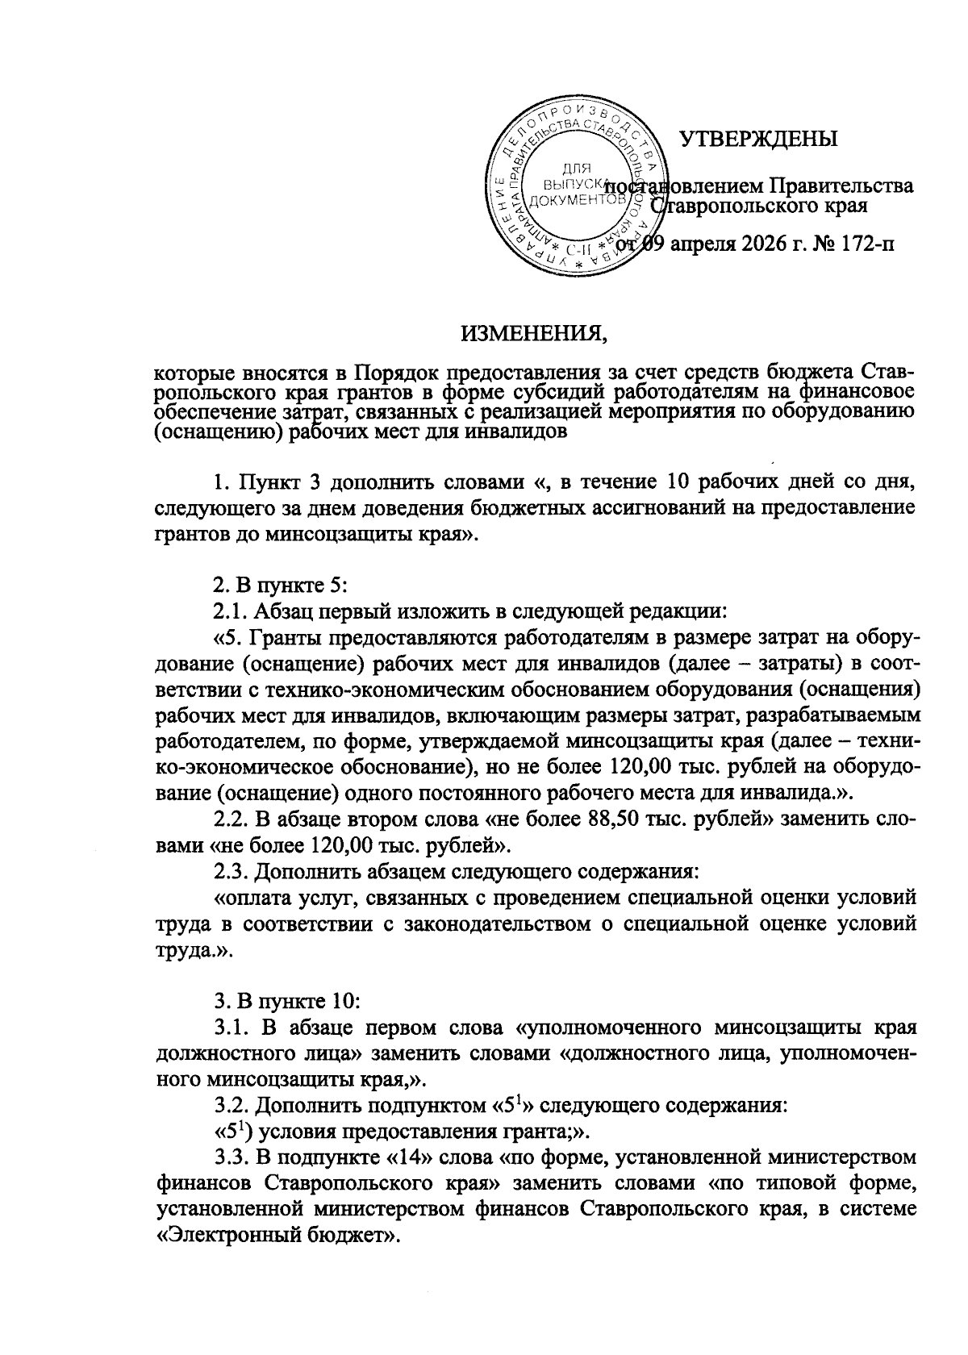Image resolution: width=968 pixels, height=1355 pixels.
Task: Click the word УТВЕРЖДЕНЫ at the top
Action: point(758,139)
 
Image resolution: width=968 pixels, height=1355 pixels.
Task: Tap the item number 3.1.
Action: point(232,1028)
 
